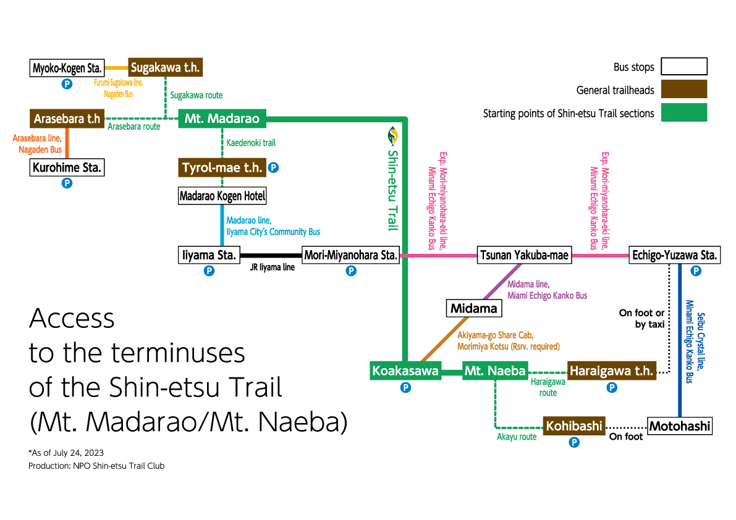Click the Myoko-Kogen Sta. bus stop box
(x=67, y=67)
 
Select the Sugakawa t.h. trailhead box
(x=165, y=67)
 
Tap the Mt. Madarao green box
(x=222, y=118)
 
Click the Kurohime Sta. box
(x=67, y=167)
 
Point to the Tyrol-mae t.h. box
(x=222, y=167)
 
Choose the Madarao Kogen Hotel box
(x=222, y=196)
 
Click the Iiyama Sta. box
(x=209, y=255)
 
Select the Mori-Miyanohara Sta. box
(x=350, y=255)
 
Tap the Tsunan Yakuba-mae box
(x=524, y=255)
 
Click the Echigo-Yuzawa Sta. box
(x=674, y=255)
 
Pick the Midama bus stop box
(x=473, y=308)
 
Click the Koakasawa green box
(x=405, y=371)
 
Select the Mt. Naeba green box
(x=495, y=371)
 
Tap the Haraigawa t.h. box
(x=611, y=371)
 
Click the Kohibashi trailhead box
(x=573, y=426)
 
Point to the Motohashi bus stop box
(x=679, y=426)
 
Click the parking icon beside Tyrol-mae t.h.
(x=273, y=167)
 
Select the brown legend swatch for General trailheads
(x=683, y=90)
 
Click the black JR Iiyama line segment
(x=271, y=255)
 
